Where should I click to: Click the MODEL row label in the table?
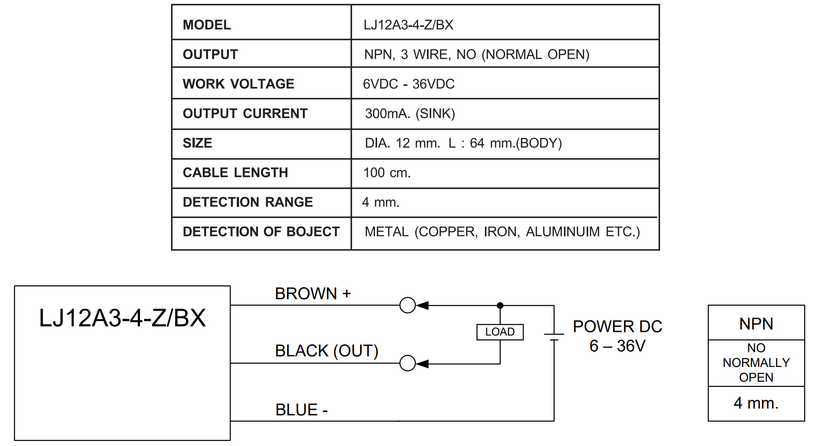pyautogui.click(x=207, y=25)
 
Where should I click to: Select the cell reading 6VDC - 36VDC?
pyautogui.click(x=409, y=84)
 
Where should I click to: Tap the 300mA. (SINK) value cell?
pyautogui.click(x=410, y=113)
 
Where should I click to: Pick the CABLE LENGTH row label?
pyautogui.click(x=235, y=172)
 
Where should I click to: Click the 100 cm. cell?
pyautogui.click(x=387, y=173)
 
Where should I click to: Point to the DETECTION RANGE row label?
pyautogui.click(x=248, y=202)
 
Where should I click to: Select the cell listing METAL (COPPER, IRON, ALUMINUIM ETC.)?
pyautogui.click(x=502, y=232)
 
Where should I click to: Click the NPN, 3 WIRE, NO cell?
pyautogui.click(x=477, y=54)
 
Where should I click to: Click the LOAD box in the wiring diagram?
pyautogui.click(x=500, y=332)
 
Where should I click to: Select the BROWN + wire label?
pyautogui.click(x=313, y=294)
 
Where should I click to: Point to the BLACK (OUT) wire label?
pyautogui.click(x=326, y=351)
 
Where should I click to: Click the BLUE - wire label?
pyautogui.click(x=301, y=410)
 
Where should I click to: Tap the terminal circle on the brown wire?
pyautogui.click(x=407, y=305)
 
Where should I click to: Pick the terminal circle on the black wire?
pyautogui.click(x=407, y=363)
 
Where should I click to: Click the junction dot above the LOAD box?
pyautogui.click(x=500, y=305)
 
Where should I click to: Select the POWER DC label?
pyautogui.click(x=617, y=326)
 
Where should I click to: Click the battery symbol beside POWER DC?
pyautogui.click(x=554, y=337)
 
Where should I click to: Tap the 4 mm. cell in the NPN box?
pyautogui.click(x=756, y=403)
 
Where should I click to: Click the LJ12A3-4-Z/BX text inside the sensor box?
pyautogui.click(x=122, y=318)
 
